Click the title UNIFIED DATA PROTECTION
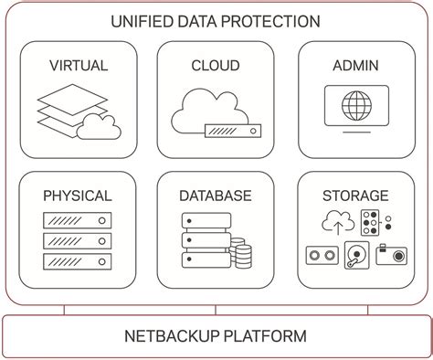coord(216,21)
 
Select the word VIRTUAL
coord(78,65)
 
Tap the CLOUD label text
coord(216,65)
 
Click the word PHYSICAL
coord(78,196)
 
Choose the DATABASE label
coord(216,196)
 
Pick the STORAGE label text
coord(355,196)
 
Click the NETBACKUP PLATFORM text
coord(216,335)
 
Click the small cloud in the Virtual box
coord(99,128)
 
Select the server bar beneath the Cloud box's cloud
coord(232,131)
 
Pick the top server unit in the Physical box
coord(78,220)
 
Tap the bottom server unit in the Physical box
coord(78,261)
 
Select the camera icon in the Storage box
coord(391,255)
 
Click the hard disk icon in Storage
coord(355,257)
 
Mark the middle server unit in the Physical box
coord(78,241)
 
